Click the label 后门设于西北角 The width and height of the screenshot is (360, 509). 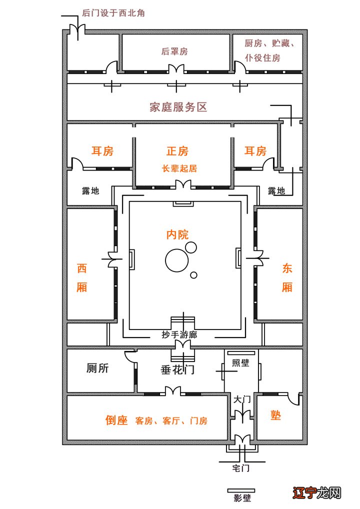(x=113, y=13)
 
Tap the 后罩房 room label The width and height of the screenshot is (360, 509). (x=174, y=51)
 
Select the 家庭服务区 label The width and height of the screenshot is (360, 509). (x=178, y=107)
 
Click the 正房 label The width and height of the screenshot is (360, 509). (x=177, y=151)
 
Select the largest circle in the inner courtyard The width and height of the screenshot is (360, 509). (x=177, y=261)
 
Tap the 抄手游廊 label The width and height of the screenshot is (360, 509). (x=179, y=334)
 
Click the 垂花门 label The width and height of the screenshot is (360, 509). (x=177, y=370)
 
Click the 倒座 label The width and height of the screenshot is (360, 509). (x=116, y=420)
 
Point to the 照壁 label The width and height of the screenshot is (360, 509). (x=241, y=363)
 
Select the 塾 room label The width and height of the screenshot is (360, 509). (x=276, y=416)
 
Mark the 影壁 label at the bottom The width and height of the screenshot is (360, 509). (x=242, y=498)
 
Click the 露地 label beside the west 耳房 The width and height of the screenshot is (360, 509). (x=90, y=191)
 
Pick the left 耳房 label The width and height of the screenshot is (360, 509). (x=102, y=151)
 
